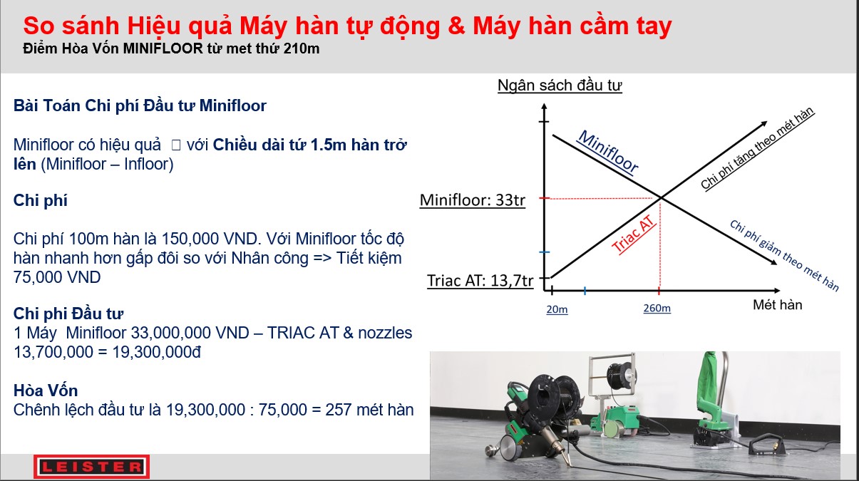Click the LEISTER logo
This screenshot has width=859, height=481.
tap(91, 467)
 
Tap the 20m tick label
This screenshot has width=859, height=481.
tap(557, 309)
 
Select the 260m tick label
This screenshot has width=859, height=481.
tap(657, 308)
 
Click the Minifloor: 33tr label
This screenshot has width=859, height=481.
tap(473, 200)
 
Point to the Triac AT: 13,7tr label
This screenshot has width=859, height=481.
tap(480, 281)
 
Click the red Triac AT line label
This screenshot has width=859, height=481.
tap(633, 234)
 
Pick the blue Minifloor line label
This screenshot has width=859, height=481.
tap(608, 152)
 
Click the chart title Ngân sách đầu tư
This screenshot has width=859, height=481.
tap(560, 85)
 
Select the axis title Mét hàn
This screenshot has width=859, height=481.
tap(777, 305)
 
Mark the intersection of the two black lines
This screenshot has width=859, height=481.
tap(661, 198)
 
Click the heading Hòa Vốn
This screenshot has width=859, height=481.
tap(46, 391)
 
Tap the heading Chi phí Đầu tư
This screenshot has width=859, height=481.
tap(68, 314)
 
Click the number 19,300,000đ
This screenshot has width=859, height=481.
tap(156, 352)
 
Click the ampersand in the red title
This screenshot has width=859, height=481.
tap(456, 26)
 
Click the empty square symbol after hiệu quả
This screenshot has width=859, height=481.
tap(176, 145)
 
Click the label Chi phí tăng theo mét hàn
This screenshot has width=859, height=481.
tap(757, 148)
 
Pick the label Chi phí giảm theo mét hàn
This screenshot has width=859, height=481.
tap(785, 256)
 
